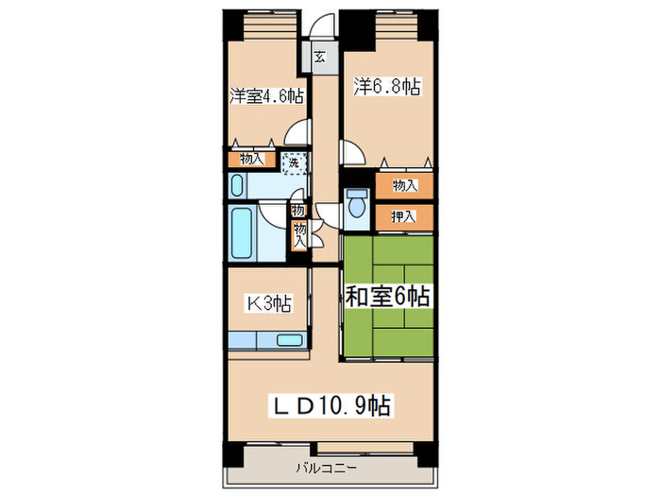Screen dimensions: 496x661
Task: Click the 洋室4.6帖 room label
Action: point(265,95)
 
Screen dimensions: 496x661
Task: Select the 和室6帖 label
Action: point(387,297)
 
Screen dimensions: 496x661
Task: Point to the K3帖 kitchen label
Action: point(269,302)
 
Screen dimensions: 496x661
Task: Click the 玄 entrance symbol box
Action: point(320,57)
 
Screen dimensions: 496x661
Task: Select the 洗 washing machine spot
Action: point(294,162)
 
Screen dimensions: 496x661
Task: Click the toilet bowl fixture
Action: point(356,205)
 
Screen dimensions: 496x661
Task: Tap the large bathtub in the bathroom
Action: point(242,236)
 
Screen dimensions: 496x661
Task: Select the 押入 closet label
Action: point(403,217)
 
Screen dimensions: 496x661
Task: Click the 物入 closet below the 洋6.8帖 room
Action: point(403,185)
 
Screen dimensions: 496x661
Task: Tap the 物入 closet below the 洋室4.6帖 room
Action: point(251,160)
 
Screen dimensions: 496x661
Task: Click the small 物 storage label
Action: point(298,210)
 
